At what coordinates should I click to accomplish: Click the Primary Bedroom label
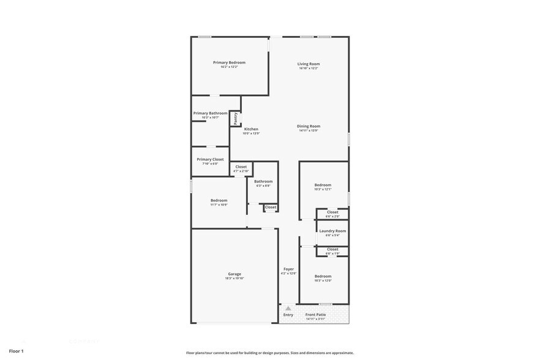tap(229, 62)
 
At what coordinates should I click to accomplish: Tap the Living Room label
tap(309, 64)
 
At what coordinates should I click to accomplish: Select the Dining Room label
tap(309, 126)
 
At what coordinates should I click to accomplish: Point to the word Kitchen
tap(251, 129)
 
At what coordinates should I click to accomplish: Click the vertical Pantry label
tap(236, 118)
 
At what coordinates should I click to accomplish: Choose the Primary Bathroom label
tap(210, 113)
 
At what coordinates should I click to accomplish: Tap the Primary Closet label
tap(210, 159)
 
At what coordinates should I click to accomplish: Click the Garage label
tap(234, 274)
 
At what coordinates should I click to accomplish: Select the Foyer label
tap(288, 269)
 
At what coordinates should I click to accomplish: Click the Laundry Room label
tap(332, 231)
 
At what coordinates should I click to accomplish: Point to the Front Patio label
tap(316, 315)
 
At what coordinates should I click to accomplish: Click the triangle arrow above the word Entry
tap(288, 308)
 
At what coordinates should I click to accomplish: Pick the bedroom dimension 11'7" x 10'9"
tap(219, 204)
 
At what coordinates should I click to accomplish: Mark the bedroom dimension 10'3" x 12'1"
tap(323, 189)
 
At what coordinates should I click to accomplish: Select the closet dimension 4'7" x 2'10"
tap(241, 171)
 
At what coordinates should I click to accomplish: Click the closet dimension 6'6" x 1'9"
tap(332, 253)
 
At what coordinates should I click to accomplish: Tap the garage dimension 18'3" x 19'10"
tap(234, 278)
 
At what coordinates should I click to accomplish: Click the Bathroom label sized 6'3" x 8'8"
tap(263, 181)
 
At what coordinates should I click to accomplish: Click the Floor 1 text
tap(16, 351)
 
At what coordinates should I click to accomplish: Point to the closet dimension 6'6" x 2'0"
tap(332, 216)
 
